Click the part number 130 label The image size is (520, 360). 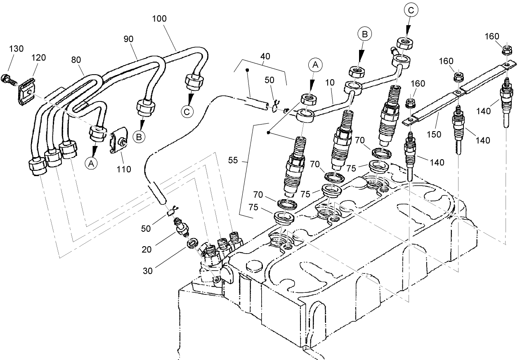(16, 49)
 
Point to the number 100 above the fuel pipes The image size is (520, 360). (159, 19)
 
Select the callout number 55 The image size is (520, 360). (233, 160)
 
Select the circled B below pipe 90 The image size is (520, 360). (139, 136)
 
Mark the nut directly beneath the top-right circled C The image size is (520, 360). (403, 43)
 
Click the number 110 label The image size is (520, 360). (123, 169)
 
